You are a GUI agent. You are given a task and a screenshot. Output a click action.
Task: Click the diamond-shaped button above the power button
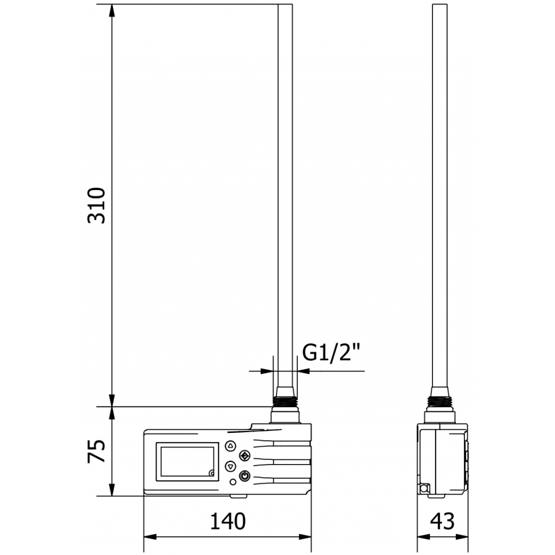pos(244,456)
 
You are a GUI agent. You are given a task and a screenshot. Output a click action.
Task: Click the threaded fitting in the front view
pos(285,400)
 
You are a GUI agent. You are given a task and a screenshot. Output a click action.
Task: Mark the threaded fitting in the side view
pos(441,400)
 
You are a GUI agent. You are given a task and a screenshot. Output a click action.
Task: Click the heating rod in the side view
pos(441,194)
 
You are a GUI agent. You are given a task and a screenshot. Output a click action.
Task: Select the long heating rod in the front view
pos(285,194)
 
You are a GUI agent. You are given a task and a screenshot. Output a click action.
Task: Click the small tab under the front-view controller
pos(237,495)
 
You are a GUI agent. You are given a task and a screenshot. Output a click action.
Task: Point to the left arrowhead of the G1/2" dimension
pos(268,370)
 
